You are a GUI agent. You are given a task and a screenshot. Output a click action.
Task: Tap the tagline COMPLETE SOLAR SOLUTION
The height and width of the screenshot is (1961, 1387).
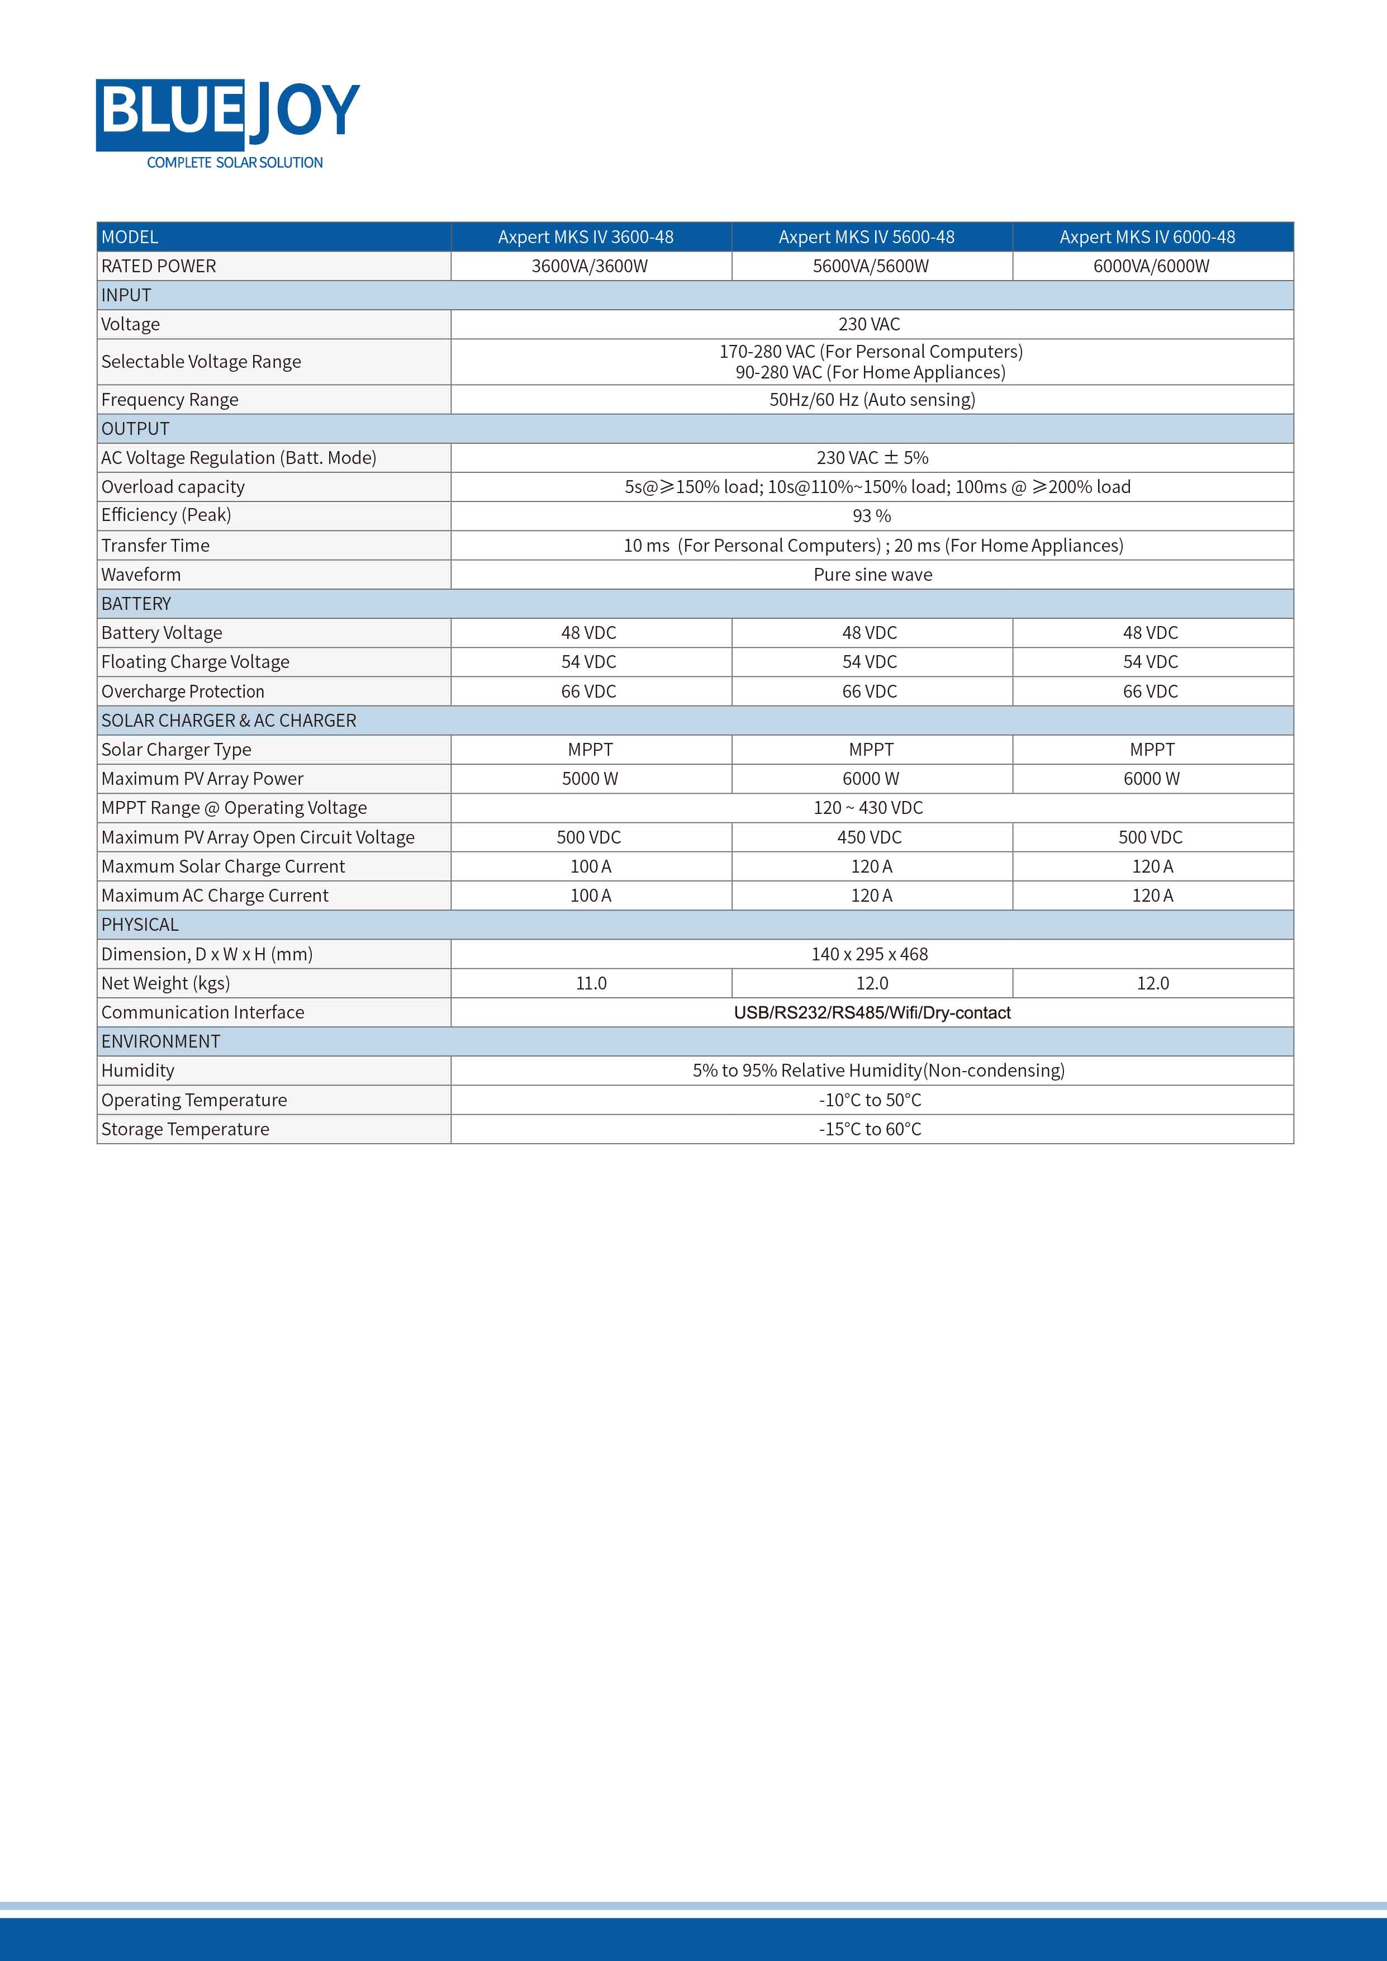click(235, 162)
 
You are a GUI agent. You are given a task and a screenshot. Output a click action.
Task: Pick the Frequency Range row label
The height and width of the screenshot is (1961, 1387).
click(170, 400)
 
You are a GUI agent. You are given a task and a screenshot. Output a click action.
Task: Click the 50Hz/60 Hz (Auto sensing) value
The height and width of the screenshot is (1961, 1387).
click(871, 400)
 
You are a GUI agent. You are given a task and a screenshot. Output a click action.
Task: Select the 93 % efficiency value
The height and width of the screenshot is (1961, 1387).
click(871, 516)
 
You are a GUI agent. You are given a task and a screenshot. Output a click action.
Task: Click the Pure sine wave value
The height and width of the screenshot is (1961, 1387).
click(872, 575)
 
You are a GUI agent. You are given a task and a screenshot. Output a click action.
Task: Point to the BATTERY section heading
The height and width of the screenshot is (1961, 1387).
click(137, 604)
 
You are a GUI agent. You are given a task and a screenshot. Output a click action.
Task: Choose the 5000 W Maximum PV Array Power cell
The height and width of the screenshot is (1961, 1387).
click(590, 779)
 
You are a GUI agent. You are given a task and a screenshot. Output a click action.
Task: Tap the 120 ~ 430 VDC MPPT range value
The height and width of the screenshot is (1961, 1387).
click(868, 808)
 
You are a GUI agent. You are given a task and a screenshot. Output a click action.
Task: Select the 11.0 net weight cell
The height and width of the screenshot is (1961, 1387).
click(591, 984)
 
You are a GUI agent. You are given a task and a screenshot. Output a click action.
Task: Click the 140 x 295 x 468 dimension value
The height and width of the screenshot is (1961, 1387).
click(870, 955)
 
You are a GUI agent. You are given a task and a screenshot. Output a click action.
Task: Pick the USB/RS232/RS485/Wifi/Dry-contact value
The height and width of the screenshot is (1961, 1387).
click(872, 1013)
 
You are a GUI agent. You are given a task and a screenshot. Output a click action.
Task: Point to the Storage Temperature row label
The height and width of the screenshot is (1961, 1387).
click(186, 1130)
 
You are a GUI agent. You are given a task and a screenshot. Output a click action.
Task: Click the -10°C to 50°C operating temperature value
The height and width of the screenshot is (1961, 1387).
click(870, 1101)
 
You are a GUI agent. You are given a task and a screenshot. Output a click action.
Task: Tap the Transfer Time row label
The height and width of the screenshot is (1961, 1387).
click(155, 546)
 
